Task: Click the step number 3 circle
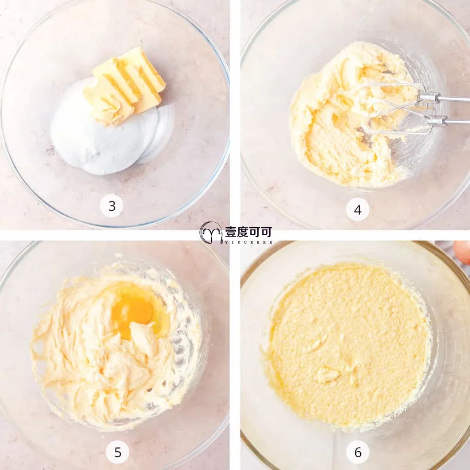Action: [x=111, y=205]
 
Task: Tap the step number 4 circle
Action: [x=358, y=209]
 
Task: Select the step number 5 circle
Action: [x=118, y=452]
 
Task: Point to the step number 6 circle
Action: [x=358, y=452]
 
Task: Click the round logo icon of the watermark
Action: [x=211, y=232]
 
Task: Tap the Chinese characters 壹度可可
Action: [x=248, y=232]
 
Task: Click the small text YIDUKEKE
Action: [x=248, y=242]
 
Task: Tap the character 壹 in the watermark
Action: [x=231, y=232]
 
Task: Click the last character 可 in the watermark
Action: [x=266, y=232]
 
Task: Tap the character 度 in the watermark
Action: [x=242, y=232]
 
